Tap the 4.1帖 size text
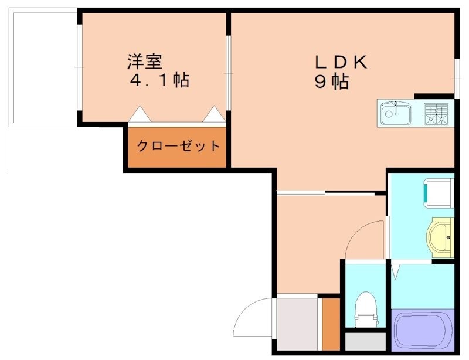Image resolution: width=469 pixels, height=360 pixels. (x=159, y=80)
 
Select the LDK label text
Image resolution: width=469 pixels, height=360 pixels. (x=342, y=62)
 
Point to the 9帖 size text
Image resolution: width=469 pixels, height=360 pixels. (x=332, y=82)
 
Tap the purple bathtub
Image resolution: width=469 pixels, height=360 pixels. (x=420, y=332)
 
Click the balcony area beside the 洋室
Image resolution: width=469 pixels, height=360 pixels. (x=43, y=67)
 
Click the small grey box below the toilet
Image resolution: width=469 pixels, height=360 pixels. (x=365, y=341)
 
